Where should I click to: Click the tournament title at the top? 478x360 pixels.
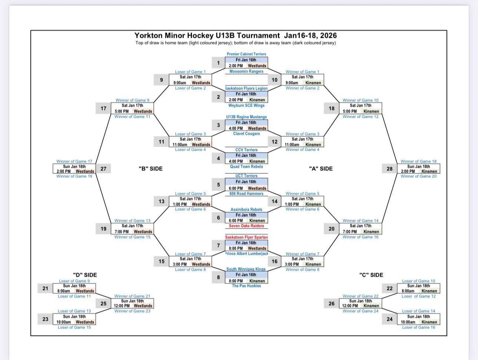[x=236, y=36]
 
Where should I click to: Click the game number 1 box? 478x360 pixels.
[x=218, y=63]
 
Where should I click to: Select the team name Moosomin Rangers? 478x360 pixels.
[x=246, y=71]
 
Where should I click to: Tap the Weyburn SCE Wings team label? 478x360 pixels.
[x=246, y=106]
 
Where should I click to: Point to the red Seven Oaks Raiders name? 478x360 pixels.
[x=246, y=226]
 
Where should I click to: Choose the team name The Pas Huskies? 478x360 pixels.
[x=246, y=286]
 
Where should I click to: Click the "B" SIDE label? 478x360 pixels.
[x=150, y=169]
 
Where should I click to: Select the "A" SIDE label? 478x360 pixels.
[x=321, y=169]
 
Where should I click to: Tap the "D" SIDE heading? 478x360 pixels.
[x=85, y=275]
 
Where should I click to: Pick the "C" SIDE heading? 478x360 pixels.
[x=371, y=275]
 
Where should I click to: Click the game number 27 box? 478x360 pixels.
[x=103, y=169]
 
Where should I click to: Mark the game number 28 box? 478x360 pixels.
[x=389, y=169]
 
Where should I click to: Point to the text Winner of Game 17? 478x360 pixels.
[x=74, y=161]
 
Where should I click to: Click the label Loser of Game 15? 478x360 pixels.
[x=74, y=327]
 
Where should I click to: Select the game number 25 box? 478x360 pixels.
[x=103, y=304]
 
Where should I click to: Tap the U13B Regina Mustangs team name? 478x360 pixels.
[x=246, y=117]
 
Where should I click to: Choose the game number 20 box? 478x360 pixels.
[x=331, y=229]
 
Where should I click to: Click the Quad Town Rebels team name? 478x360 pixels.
[x=246, y=167]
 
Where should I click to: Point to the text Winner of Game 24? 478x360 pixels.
[x=361, y=311]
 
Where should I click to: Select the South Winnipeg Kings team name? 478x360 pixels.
[x=246, y=269]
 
